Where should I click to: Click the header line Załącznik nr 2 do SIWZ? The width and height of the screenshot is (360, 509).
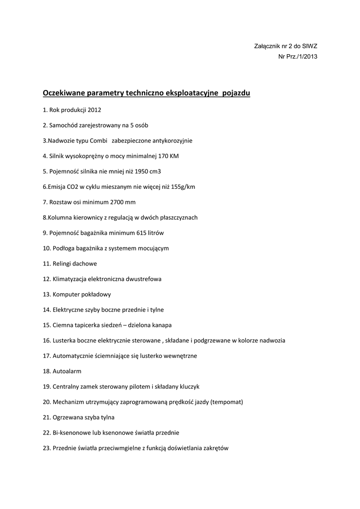(285, 46)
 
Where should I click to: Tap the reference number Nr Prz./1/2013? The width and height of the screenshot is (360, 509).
(297, 56)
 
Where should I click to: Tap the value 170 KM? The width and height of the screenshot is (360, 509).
(168, 156)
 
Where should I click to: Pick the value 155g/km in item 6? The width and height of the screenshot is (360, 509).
(182, 187)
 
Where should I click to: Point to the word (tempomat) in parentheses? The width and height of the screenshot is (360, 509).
(226, 402)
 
